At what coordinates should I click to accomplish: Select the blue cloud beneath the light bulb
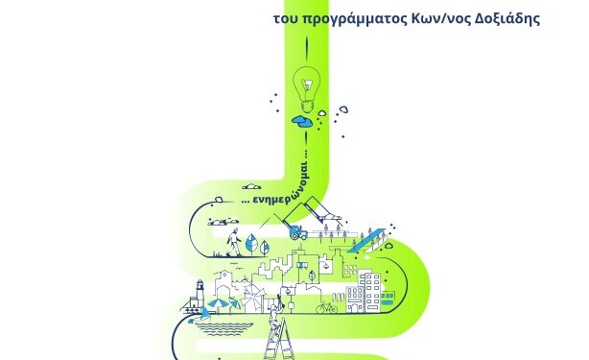click(x=304, y=122)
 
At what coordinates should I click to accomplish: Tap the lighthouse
click(x=200, y=293)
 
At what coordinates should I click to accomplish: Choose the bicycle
click(x=329, y=309)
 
